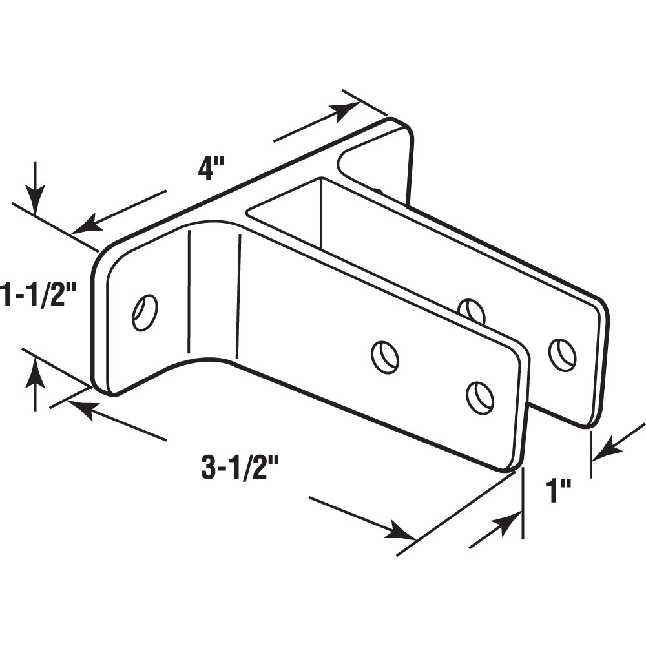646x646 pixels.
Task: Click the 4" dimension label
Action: pos(211,169)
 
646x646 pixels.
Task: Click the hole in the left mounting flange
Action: pos(144,312)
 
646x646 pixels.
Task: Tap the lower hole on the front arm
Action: pos(480,397)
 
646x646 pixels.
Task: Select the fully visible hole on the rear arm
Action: pos(562,353)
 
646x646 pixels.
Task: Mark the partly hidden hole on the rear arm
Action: pos(473,308)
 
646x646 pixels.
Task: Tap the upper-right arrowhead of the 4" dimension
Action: pos(349,109)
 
